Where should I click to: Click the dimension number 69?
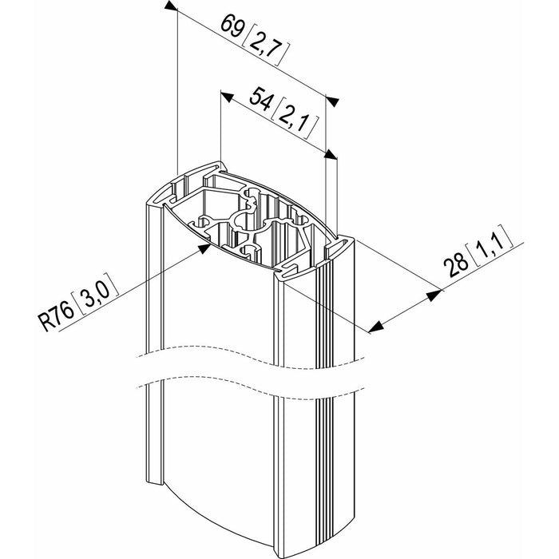[232, 26]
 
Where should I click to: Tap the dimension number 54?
[260, 100]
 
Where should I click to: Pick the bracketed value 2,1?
[293, 119]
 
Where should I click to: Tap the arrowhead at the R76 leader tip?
[204, 248]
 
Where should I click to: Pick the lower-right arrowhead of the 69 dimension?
[332, 101]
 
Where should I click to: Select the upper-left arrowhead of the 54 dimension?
[227, 97]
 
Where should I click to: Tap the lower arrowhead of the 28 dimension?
[376, 326]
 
